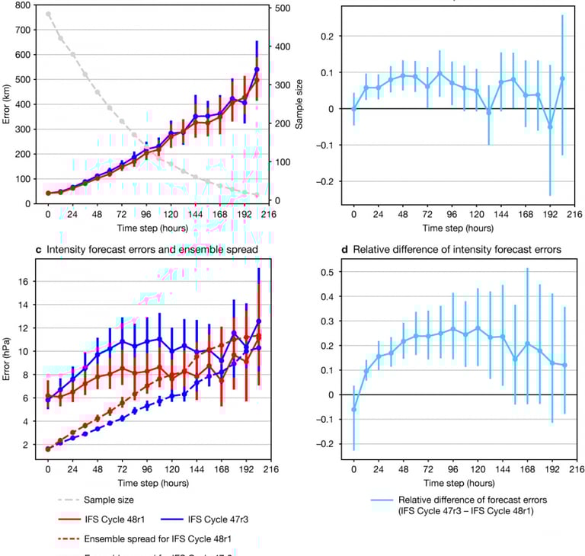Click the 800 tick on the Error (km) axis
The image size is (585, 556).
(x=22, y=5)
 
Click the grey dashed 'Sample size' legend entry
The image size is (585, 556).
(x=98, y=500)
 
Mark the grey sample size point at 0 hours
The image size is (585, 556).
(x=48, y=14)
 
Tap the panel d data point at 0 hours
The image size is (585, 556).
(x=353, y=410)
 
